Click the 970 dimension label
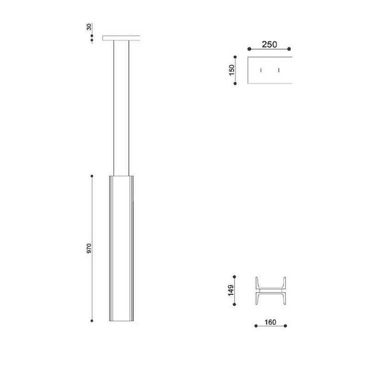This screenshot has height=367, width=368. [89, 248]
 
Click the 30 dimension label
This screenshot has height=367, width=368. [89, 27]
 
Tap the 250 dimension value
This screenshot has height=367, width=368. [269, 44]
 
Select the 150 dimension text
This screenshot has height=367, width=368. [232, 70]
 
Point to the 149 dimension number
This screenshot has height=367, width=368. [231, 291]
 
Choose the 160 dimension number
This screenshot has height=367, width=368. [270, 322]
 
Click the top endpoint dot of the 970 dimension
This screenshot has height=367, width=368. [92, 176]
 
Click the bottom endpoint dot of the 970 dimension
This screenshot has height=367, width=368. [92, 321]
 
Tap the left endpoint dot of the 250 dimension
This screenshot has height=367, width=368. [249, 49]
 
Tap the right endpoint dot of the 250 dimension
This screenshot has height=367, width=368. [289, 49]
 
